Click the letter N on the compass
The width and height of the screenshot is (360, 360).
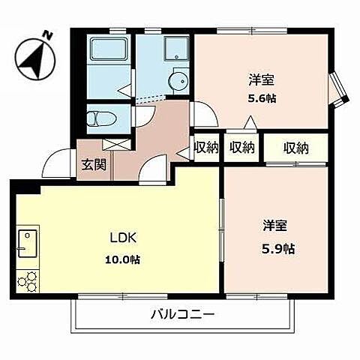point(47,34)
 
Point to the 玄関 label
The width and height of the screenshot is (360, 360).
point(94,165)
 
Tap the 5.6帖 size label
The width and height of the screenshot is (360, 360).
point(259,97)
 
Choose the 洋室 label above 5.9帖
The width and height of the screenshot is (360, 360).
point(274,226)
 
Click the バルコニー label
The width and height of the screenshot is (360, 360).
point(181,314)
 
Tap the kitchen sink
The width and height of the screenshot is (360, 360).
point(26,243)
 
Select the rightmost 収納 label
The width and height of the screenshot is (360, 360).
point(296,147)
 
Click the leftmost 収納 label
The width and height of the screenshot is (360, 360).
point(206,147)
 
